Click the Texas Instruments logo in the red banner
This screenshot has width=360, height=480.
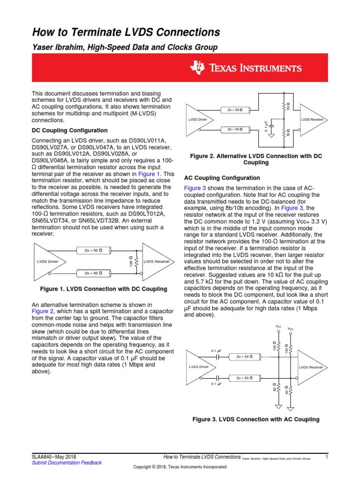(x=245, y=68)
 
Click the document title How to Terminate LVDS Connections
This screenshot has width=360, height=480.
(x=126, y=32)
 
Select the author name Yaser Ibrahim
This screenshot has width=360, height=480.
(x=61, y=47)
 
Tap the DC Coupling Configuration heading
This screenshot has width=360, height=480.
(x=69, y=130)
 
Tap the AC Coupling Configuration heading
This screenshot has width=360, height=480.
(x=222, y=178)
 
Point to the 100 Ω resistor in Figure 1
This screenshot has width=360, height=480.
(x=136, y=261)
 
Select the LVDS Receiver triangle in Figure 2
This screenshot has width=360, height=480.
(x=311, y=120)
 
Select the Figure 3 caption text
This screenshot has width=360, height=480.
(x=256, y=419)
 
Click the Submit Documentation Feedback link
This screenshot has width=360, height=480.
(x=67, y=463)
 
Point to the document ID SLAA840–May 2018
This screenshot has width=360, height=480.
(x=53, y=457)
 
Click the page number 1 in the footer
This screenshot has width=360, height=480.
(x=326, y=457)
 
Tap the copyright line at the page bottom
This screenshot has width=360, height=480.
(x=180, y=467)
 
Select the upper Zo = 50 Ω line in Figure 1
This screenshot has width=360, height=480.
(x=97, y=251)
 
